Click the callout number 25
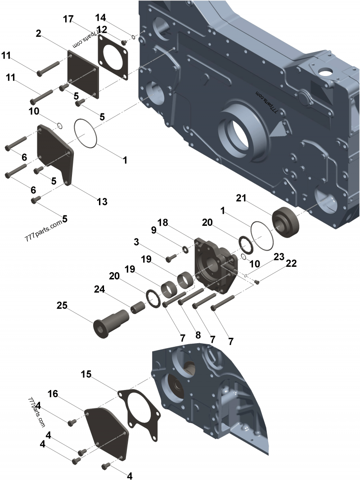point(62,305)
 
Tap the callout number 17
point(68,19)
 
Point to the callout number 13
point(102,202)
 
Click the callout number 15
point(87,374)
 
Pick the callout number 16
point(53,394)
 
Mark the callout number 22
point(291,264)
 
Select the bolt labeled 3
point(171,258)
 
